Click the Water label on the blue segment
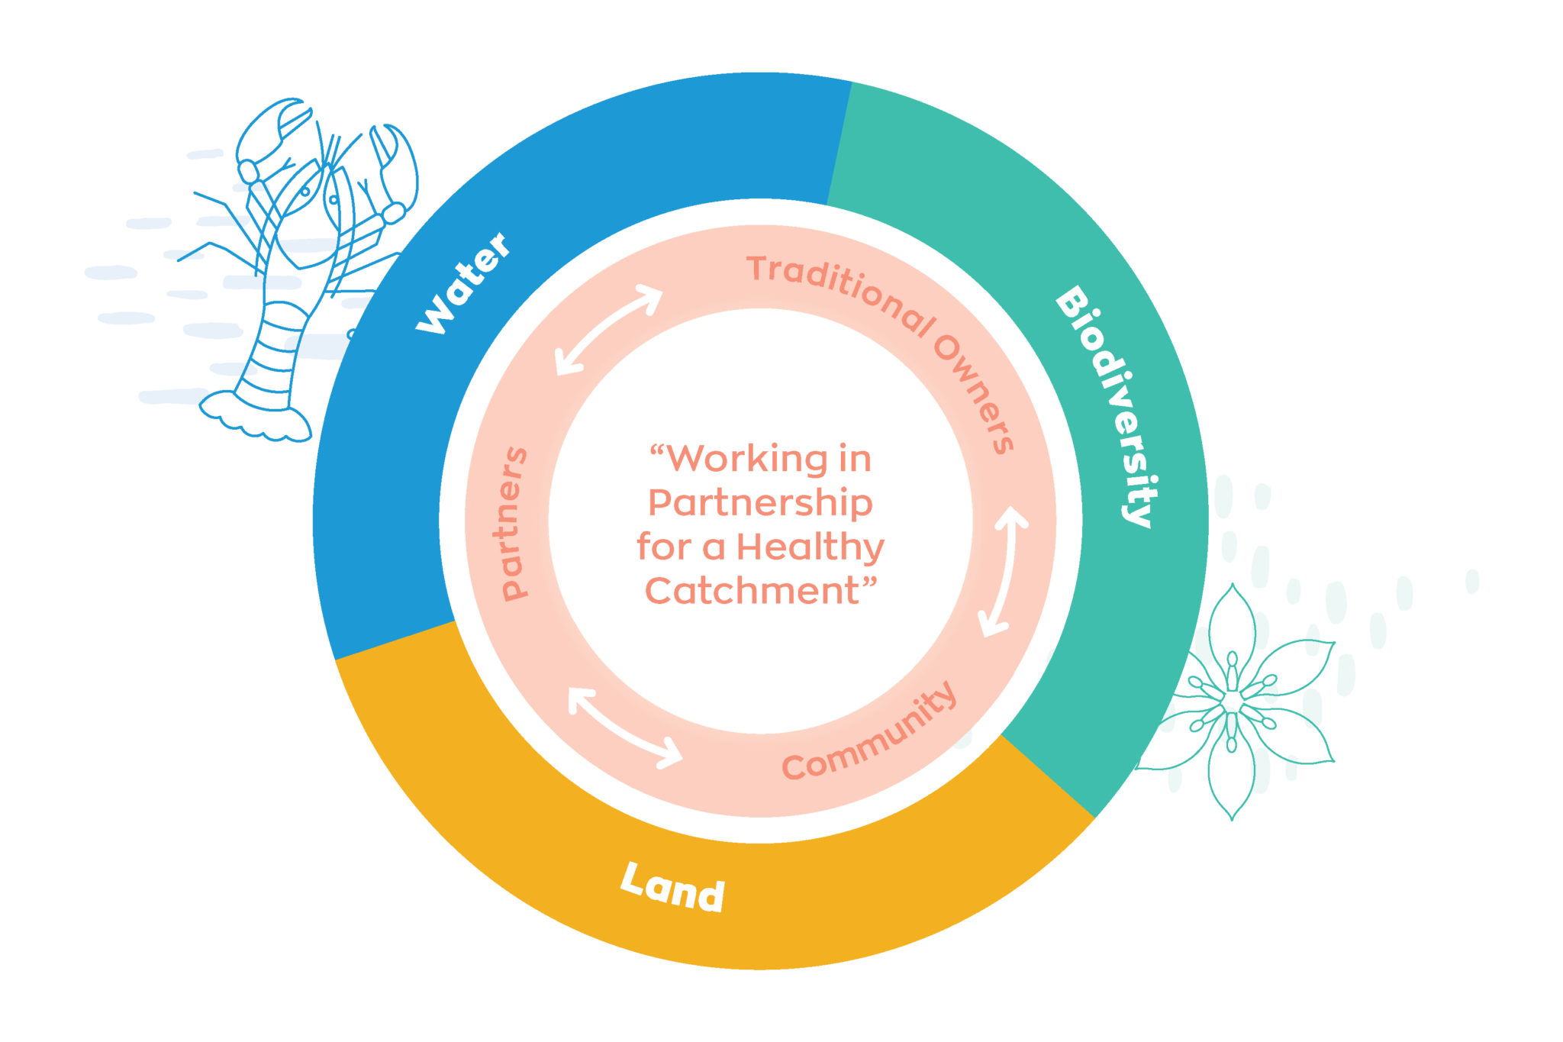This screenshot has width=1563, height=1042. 462,283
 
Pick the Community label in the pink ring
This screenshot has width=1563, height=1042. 869,733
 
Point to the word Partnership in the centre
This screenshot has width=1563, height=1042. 759,503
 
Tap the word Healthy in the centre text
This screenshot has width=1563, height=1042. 810,547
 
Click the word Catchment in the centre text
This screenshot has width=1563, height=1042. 752,592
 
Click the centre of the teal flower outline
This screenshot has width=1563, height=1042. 1232,700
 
